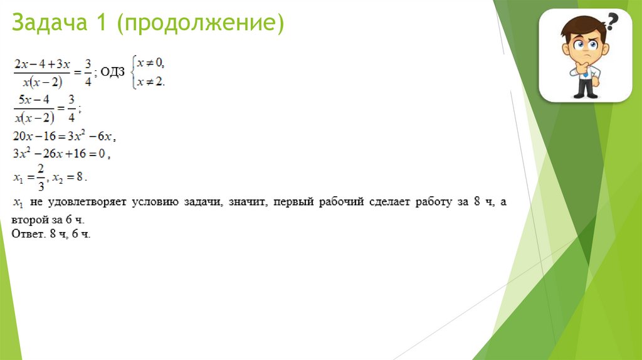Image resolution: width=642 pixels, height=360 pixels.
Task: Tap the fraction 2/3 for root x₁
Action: click(x=41, y=176)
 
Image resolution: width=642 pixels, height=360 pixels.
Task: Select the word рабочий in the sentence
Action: click(x=344, y=203)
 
